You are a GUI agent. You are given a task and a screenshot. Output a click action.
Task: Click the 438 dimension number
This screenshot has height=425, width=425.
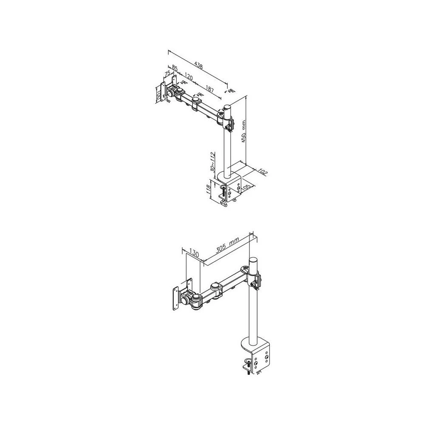(198, 66)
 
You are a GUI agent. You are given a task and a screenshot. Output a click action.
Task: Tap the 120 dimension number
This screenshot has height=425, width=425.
(189, 78)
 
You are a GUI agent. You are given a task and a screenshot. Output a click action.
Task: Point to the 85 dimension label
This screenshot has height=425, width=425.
(175, 68)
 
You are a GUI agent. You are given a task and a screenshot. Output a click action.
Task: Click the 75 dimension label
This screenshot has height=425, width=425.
(167, 73)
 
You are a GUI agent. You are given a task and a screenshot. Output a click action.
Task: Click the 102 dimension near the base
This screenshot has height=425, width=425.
(262, 172)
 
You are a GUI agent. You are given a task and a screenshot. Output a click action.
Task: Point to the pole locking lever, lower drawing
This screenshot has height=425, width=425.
(257, 281)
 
